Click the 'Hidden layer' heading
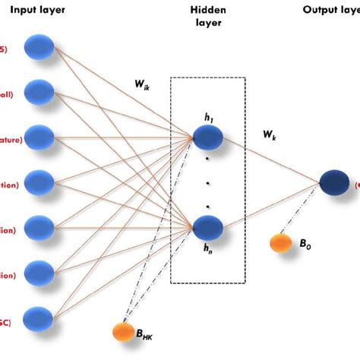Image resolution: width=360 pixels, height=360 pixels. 207,17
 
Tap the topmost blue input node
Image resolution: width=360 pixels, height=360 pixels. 39,48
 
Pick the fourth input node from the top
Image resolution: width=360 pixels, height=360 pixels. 39,182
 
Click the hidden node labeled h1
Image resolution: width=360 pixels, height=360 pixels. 207,137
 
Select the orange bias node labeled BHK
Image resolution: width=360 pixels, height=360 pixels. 122,332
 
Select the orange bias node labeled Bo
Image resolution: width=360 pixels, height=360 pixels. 280,243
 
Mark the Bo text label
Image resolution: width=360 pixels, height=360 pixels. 304,244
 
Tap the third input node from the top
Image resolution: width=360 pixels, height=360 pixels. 39,137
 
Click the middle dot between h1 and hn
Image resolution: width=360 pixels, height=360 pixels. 207,182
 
